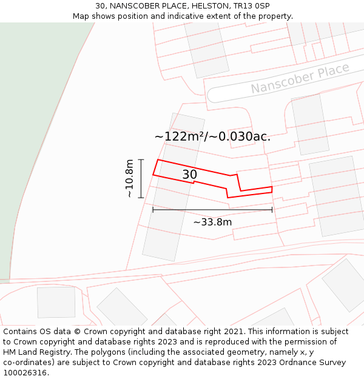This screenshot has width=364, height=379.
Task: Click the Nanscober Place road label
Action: click(300, 78)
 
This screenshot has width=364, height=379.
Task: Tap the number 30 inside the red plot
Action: click(189, 175)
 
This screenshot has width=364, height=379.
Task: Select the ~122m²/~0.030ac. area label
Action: click(212, 136)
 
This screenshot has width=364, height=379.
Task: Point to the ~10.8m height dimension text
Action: click(129, 178)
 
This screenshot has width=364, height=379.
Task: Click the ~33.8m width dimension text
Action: click(212, 222)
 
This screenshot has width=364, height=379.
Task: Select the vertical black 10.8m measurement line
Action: click(141, 178)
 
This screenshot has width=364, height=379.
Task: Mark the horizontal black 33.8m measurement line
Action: click(212, 210)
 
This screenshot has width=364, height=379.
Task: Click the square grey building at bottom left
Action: click(56, 302)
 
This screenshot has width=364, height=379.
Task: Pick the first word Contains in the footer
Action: click(21, 332)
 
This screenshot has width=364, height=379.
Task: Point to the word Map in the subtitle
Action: click(81, 16)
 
